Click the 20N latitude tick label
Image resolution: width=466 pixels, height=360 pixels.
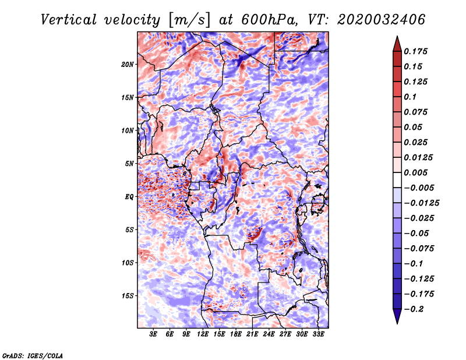(128, 65)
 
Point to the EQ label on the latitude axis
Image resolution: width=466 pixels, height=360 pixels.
(129, 197)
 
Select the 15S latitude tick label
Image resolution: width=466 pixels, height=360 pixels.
(128, 296)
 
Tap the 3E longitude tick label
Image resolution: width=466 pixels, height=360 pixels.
(153, 334)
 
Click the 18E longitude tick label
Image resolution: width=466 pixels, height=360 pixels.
(236, 334)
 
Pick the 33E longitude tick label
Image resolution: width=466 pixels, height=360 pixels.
(318, 334)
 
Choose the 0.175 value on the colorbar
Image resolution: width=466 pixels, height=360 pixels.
(415, 51)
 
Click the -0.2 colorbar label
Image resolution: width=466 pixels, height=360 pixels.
(414, 309)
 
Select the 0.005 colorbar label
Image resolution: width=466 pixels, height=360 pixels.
(415, 172)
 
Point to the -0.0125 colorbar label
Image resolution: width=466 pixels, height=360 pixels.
(421, 203)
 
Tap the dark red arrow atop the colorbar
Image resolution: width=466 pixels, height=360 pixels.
(397, 44)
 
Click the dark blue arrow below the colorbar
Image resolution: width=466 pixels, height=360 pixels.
(397, 316)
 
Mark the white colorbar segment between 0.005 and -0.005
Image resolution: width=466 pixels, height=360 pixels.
(397, 180)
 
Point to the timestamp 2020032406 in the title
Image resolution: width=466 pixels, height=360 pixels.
(382, 20)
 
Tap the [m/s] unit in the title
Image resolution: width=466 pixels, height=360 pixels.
(189, 20)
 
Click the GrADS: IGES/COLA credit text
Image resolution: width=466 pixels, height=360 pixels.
(33, 356)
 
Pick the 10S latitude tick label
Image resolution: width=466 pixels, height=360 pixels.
(128, 263)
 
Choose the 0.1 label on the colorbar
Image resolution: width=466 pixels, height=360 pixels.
(410, 97)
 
